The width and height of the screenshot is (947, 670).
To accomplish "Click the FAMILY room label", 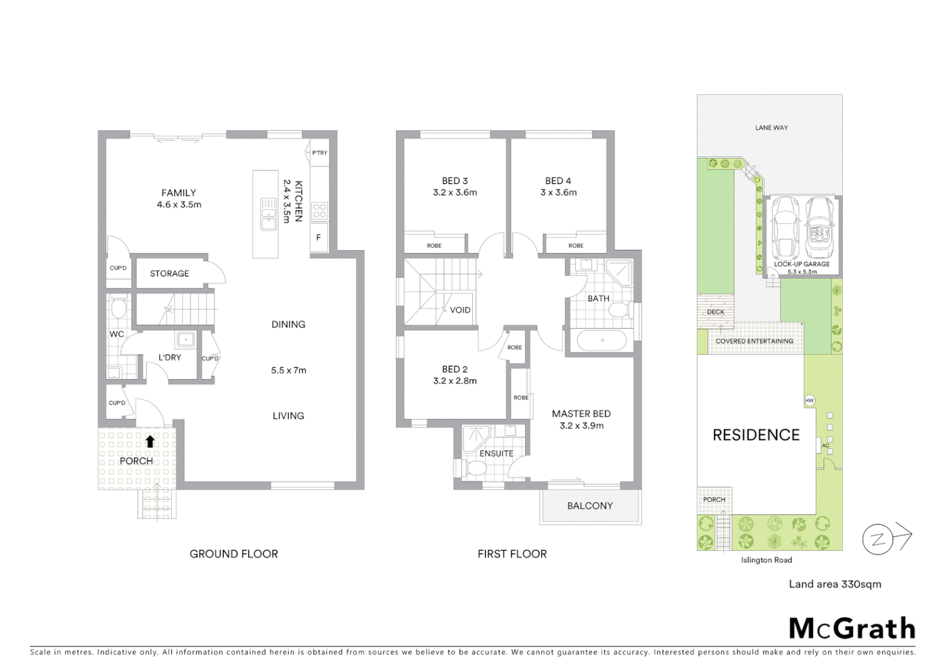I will pos(178,193).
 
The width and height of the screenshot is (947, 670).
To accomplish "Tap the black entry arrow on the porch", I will pos(150,441).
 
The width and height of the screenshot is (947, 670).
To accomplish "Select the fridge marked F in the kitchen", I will pos(319,238).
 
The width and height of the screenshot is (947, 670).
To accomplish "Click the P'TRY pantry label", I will pos(320,153).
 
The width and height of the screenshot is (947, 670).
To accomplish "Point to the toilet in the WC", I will pos(118,308).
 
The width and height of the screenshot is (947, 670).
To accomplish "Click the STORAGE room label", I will pos(169,274).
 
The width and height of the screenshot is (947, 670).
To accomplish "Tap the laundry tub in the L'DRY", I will pos(185,339).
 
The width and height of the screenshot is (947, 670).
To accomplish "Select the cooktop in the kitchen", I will pos(319,210).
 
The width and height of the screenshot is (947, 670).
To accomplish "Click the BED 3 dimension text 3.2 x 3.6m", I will pos(455,192).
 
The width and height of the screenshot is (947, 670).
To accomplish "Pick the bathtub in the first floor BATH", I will pos(601,341).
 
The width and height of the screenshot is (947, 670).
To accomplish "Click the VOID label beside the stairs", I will pos(460,310).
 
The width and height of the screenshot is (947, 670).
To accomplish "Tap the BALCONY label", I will pos(589,506).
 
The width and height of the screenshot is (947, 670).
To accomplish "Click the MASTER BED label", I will pos(581,414).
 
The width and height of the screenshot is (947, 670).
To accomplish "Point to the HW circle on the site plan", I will pos(809,401).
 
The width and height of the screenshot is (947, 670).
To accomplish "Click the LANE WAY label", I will pos(771,128).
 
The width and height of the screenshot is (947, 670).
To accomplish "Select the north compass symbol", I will pos(878,539).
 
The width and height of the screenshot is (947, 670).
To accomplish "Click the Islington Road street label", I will pos(766,560).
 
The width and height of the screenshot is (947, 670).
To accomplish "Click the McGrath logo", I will pos(852,628).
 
